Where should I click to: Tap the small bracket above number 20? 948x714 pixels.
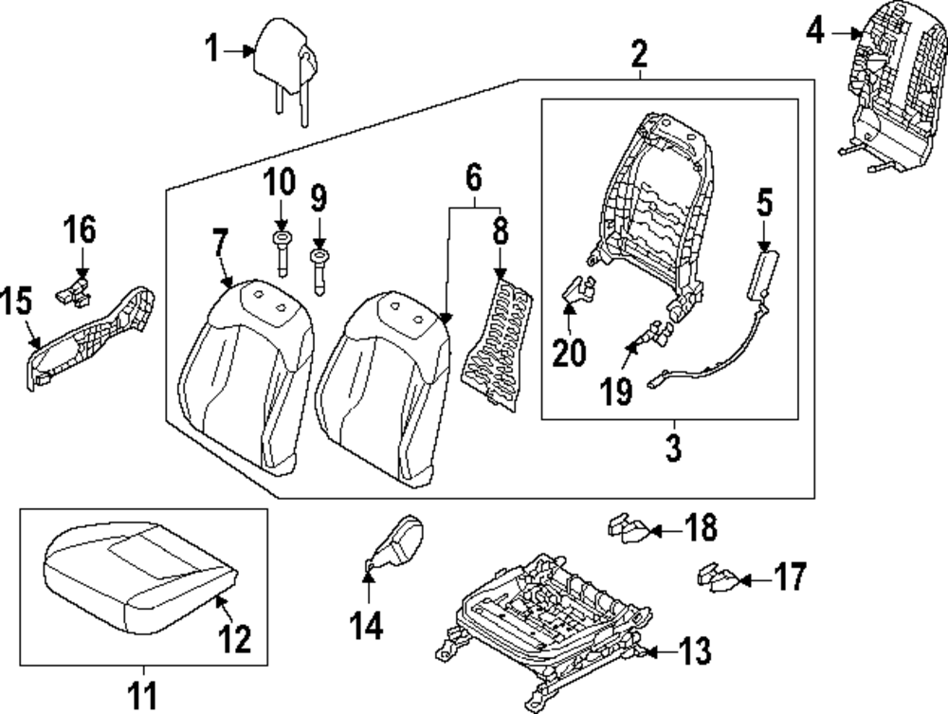[577, 288]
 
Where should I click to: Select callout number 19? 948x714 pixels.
[617, 390]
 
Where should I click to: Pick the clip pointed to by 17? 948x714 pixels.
[718, 576]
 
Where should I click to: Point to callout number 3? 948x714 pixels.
[673, 448]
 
